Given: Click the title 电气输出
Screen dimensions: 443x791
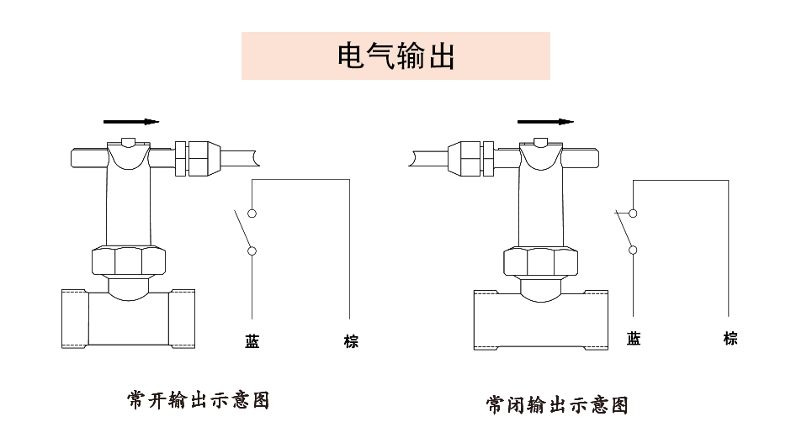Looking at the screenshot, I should [395, 56].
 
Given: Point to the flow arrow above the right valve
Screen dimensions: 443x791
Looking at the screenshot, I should [544, 121].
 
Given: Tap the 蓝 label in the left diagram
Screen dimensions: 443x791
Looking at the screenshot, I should [252, 341].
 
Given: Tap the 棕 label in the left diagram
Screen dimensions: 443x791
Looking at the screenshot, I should [351, 341].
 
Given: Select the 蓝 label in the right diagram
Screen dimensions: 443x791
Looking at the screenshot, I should [634, 339].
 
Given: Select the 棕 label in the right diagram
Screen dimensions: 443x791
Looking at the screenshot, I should [730, 339].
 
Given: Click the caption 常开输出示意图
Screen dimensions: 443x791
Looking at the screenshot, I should [199, 399].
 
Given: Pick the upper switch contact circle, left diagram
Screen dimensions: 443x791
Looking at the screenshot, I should [252, 214].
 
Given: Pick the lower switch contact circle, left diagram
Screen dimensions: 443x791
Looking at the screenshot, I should [252, 250].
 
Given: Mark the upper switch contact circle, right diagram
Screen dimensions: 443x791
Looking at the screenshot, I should [633, 214].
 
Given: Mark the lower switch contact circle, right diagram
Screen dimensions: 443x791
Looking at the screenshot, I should [633, 249].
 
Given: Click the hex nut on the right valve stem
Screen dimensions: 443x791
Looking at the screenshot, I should [542, 261].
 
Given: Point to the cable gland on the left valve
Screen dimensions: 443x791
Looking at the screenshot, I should [197, 157].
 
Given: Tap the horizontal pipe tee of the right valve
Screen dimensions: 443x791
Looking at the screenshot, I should [540, 319].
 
